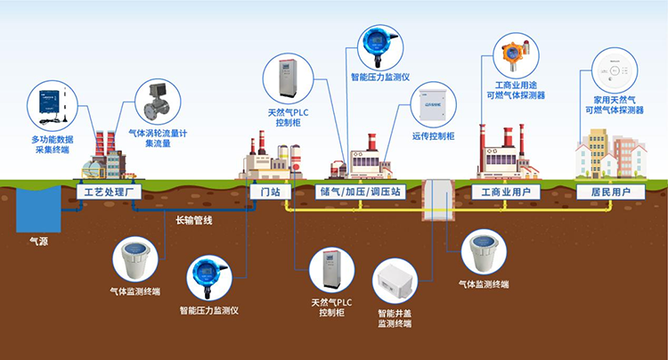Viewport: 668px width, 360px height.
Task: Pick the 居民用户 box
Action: tap(610, 192)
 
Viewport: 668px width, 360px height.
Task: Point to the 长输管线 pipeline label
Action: tap(194, 219)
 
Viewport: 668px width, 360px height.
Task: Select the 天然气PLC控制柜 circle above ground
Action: tap(288, 77)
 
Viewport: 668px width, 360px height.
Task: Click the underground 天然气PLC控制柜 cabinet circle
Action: tap(331, 272)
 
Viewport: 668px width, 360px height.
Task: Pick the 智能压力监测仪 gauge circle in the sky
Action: tap(380, 45)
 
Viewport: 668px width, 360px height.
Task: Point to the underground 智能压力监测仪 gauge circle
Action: tap(209, 278)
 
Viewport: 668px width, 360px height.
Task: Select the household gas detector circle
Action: tap(613, 69)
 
